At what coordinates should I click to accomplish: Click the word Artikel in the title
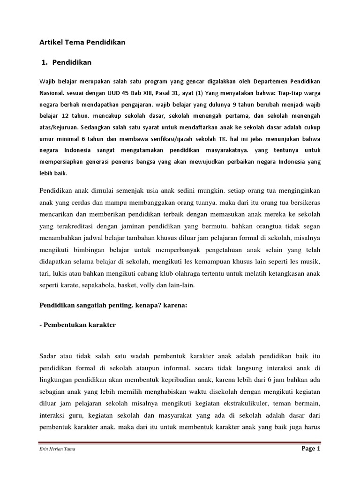49,42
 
